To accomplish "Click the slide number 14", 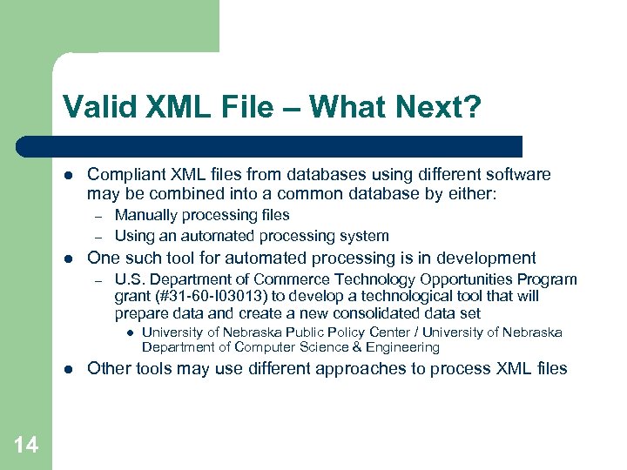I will click(x=26, y=445).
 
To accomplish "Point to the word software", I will click(x=518, y=174).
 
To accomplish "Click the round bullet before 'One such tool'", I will click(x=68, y=258).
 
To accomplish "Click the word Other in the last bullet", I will click(x=108, y=368).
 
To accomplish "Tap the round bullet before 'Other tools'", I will click(x=68, y=369).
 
